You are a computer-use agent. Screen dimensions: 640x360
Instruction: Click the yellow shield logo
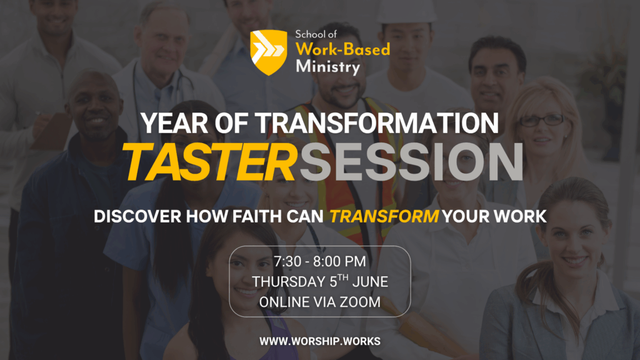pos(269,52)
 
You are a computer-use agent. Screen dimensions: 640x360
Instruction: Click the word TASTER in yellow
pos(209,162)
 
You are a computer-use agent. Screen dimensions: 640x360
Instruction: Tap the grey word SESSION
pos(411,162)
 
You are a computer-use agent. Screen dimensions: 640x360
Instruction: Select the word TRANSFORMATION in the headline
pos(377,123)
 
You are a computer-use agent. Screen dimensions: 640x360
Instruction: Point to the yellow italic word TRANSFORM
pos(384,216)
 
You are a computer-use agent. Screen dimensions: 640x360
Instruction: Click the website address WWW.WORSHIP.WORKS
pos(320,341)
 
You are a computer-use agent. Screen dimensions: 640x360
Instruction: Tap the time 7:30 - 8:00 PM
pos(320,262)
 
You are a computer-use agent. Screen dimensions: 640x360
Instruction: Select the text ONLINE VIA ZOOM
pos(320,302)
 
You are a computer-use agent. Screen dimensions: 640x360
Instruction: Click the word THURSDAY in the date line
pos(289,282)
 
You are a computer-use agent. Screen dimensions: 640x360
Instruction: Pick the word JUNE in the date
pos(370,282)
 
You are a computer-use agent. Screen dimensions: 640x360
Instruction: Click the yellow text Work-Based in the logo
pos(343,49)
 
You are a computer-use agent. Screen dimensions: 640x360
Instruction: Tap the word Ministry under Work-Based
pos(328,67)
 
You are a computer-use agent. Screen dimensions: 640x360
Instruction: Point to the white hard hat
pos(406,11)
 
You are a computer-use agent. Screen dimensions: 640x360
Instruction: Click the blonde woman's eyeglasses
pos(541,121)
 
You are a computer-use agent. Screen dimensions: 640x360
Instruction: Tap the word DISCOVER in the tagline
pos(137,216)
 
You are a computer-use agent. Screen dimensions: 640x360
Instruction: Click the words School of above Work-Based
pos(316,34)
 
